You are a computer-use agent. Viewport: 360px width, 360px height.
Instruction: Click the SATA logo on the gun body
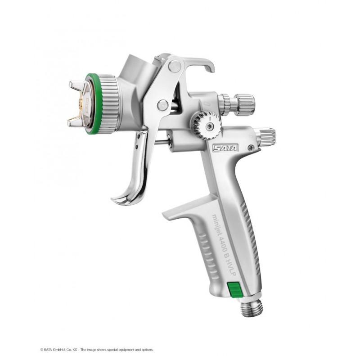click(226, 147)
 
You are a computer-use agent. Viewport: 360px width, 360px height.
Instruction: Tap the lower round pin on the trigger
click(162, 105)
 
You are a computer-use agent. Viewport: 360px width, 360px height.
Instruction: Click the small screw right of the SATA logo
click(251, 147)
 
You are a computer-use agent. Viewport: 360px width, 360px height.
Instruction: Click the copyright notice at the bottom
click(97, 349)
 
